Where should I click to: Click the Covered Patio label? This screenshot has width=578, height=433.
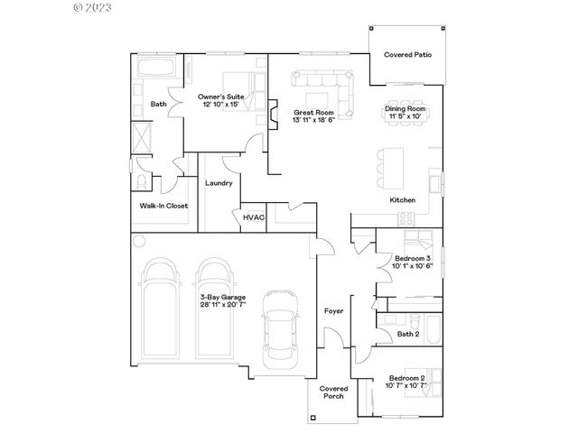point(407,55)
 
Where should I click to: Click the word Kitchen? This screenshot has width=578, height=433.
point(402,199)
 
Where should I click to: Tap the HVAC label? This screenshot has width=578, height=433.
point(252,217)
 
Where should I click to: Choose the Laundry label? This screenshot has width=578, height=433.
point(219,183)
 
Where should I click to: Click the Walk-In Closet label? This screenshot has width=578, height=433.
point(163,206)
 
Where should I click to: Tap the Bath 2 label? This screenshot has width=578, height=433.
point(408,335)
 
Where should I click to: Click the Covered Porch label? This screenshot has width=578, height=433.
point(333,393)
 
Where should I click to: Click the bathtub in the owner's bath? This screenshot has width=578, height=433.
point(158,68)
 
